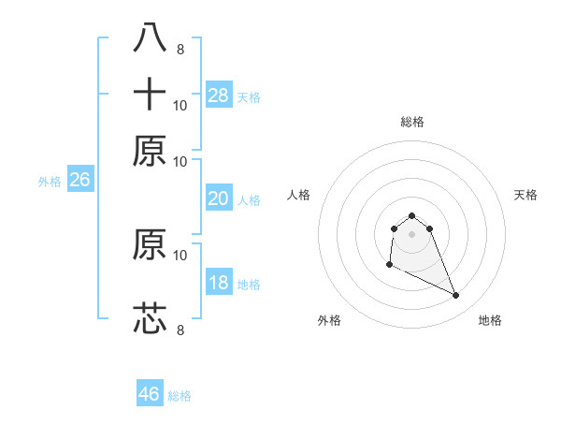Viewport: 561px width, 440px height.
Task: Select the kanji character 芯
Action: pos(150,318)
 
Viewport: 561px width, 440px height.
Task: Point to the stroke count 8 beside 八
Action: pos(180,49)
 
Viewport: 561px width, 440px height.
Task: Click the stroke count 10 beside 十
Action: pos(180,105)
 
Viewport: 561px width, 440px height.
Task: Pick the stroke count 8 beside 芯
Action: pos(180,330)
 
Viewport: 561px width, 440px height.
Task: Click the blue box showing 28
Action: pos(219,95)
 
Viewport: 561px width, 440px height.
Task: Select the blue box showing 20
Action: pos(219,198)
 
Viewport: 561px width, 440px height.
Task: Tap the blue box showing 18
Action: pos(219,284)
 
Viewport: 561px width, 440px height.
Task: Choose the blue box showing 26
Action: pos(79,181)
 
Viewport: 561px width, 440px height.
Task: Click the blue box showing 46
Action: pos(150,394)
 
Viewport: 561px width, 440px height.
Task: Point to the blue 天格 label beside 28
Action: pos(249,96)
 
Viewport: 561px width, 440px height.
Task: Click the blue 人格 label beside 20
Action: pos(249,199)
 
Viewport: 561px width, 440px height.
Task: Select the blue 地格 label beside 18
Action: pos(249,285)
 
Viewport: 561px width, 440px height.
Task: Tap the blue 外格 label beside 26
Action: pos(50,182)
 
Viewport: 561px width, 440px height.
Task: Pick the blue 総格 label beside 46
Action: pos(180,396)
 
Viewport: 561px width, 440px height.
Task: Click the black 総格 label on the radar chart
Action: pos(412,122)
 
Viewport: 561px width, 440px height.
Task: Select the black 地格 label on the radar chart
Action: pos(490,320)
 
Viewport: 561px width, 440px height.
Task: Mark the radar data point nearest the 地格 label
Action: pos(456,296)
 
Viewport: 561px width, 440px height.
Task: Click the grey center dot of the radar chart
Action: pos(412,233)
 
